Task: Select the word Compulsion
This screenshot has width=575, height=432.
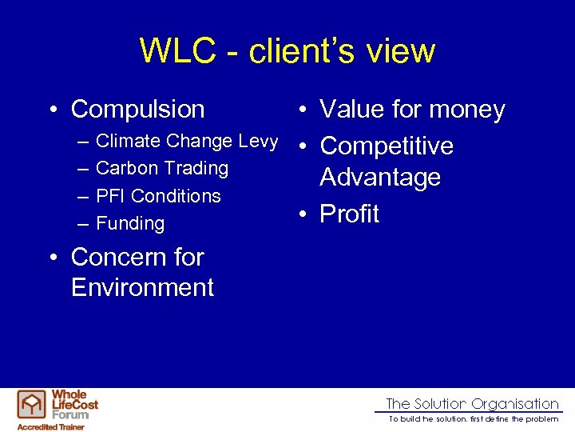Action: point(137,109)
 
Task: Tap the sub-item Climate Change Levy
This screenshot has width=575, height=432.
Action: point(186,142)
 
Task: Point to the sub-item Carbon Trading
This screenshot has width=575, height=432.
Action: point(161,169)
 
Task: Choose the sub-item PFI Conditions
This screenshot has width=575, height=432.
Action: point(157,196)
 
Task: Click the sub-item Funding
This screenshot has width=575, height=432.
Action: point(129,224)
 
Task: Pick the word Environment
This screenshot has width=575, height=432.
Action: point(142,287)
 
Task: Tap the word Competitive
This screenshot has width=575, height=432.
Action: point(387,146)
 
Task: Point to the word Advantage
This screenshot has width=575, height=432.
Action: point(380,177)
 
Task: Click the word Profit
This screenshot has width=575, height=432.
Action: point(349,214)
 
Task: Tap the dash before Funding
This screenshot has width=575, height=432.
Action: point(83,224)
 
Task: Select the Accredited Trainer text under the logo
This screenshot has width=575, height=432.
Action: point(51,426)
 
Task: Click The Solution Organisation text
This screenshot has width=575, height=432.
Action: point(472,404)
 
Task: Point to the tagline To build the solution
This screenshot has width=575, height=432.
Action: point(473,419)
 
